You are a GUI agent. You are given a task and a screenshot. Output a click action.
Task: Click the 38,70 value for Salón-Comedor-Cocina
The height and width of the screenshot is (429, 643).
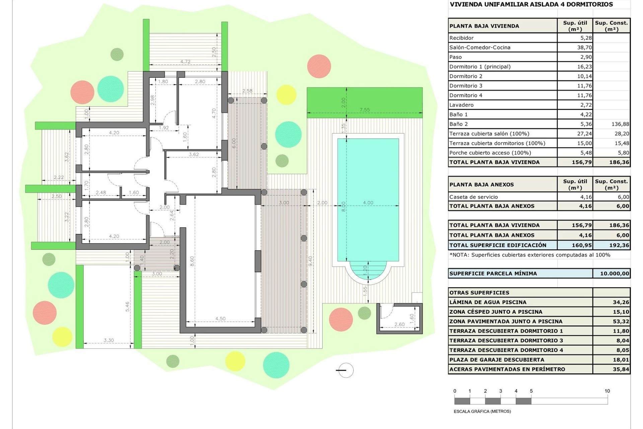click(x=584, y=48)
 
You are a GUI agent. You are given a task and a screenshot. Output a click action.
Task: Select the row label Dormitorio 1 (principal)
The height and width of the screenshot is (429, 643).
click(x=480, y=67)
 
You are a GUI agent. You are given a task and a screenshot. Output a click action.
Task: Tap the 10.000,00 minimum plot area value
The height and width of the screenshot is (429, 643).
click(x=614, y=273)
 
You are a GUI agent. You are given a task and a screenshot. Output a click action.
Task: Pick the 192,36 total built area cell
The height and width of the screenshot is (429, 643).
click(x=619, y=245)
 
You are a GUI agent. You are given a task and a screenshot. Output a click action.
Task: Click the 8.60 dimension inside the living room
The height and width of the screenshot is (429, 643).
click(x=192, y=261)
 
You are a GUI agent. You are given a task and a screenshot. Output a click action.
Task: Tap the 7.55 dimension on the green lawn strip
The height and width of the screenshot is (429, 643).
click(x=364, y=110)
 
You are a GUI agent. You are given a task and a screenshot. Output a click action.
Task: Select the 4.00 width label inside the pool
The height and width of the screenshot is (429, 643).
click(x=368, y=202)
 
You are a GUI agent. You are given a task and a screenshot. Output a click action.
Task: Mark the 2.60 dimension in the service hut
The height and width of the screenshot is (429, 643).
click(x=399, y=324)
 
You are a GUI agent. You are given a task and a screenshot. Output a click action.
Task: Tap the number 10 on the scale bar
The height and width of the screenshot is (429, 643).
click(x=607, y=391)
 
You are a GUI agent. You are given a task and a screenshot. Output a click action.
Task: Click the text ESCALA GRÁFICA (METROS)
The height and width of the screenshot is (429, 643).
click(x=482, y=411)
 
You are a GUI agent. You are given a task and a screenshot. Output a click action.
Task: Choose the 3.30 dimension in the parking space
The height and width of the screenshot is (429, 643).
click(x=109, y=340)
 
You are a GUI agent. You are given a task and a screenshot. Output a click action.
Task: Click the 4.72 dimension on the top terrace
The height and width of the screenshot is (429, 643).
click(x=185, y=62)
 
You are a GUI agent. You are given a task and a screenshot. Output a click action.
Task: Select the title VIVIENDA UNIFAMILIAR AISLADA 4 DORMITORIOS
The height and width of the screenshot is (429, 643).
click(x=531, y=4)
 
